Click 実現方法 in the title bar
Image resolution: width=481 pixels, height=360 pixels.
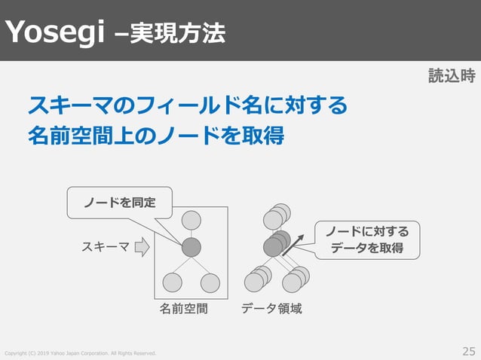[x=177, y=32]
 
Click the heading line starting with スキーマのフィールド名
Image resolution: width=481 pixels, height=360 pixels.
[x=187, y=105]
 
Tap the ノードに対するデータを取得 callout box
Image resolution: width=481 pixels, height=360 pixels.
[x=366, y=239]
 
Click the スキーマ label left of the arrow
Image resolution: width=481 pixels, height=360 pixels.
[x=105, y=246]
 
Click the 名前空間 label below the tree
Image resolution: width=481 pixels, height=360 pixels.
[x=183, y=308]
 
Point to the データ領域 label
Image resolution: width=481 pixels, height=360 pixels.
[x=271, y=308]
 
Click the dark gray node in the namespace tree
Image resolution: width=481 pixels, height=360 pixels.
[x=191, y=246]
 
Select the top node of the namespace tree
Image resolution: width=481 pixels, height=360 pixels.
[x=191, y=220]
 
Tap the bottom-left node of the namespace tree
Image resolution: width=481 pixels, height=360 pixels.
[x=173, y=282]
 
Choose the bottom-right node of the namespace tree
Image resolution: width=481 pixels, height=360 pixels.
[x=210, y=282]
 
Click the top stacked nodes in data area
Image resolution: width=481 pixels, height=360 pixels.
[x=276, y=217]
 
